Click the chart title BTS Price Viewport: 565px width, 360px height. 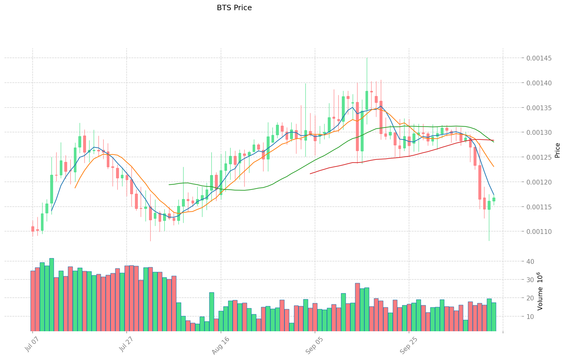click(x=234, y=8)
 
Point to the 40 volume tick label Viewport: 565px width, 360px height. click(x=530, y=261)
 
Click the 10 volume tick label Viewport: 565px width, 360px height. click(x=530, y=317)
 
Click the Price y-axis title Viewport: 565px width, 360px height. click(x=557, y=150)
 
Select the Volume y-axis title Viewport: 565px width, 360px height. click(x=540, y=291)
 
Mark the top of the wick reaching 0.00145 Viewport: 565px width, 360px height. click(x=367, y=58)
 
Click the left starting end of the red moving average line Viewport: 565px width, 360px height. click(x=310, y=174)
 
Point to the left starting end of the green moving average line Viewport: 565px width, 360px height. click(x=169, y=184)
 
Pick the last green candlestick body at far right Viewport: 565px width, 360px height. click(x=494, y=199)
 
